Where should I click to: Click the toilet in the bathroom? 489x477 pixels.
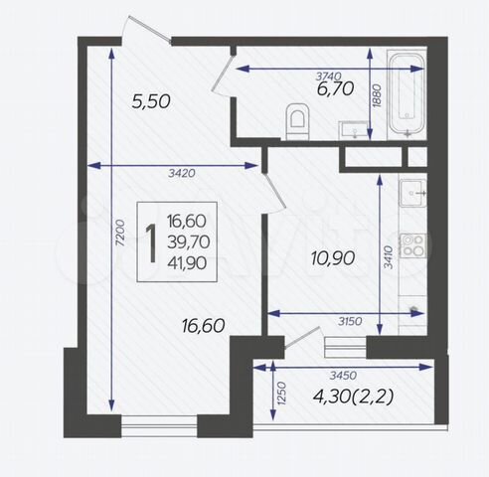tap(297, 121)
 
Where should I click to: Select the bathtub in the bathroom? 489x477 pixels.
tap(407, 94)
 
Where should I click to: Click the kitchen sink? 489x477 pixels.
tap(413, 193)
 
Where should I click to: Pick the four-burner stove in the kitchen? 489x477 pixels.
tap(413, 245)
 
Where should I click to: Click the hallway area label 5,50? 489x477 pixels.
tap(151, 101)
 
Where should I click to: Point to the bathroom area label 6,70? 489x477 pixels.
tap(335, 88)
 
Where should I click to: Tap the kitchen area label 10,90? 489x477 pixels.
tap(333, 258)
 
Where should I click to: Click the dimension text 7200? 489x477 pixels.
tap(120, 233)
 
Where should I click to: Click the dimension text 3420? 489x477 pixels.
tap(182, 173)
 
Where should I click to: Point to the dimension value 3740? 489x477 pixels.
tap(328, 77)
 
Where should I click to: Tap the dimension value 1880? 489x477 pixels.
tap(377, 96)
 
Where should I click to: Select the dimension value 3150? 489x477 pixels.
tap(350, 321)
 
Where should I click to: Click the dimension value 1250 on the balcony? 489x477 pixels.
tap(281, 394)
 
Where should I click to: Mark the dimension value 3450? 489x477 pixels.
tap(343, 375)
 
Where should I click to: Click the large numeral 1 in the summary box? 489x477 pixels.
tap(151, 243)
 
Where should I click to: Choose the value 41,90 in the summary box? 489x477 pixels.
tap(187, 263)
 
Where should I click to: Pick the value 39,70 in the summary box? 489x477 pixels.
tap(189, 242)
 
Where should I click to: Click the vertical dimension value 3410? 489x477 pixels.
tap(388, 257)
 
